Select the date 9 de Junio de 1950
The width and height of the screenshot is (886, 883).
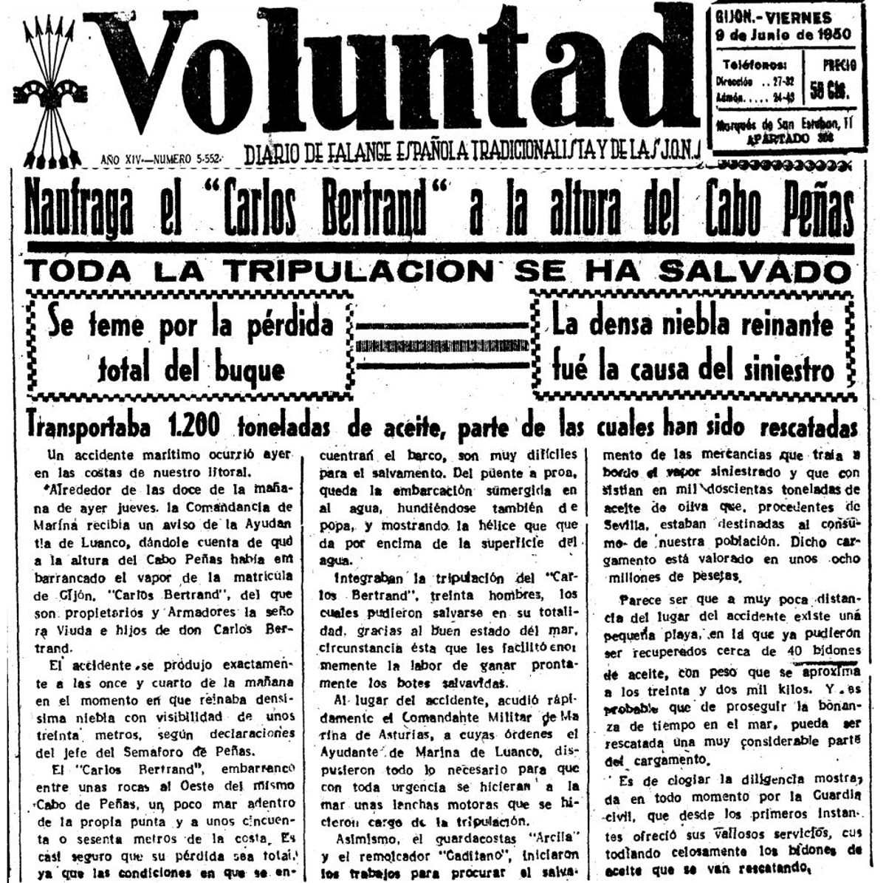783,35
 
